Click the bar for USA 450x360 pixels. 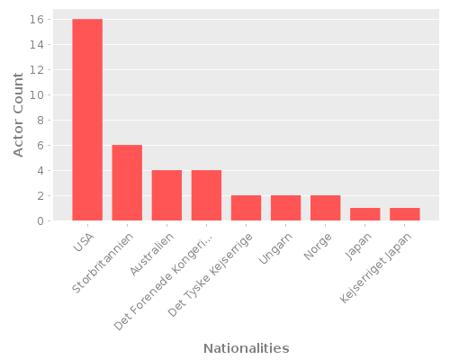coord(87,120)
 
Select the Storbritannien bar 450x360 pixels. coord(127,183)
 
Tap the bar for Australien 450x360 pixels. coord(166,195)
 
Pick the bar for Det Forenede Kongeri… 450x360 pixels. coord(206,195)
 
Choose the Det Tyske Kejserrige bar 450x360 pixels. coord(246,208)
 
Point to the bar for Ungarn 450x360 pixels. coord(285,208)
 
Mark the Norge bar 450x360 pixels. coord(325,208)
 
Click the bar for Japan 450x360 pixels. coord(364,214)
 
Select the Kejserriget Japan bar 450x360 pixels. coord(404,214)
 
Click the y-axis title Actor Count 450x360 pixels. coord(19,115)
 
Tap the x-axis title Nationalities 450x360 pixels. coord(246,348)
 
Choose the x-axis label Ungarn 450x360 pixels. coord(274,248)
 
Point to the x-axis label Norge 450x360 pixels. coord(316,245)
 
